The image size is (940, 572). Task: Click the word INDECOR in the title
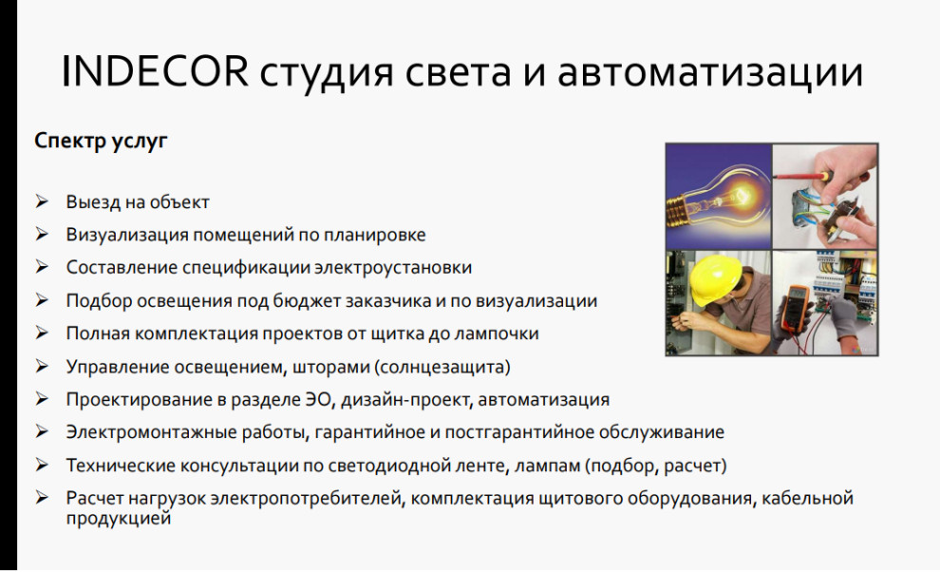tap(154, 73)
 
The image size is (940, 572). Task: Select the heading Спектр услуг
tap(101, 142)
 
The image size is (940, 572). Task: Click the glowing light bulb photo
tap(717, 195)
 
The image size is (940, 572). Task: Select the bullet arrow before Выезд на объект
tap(43, 202)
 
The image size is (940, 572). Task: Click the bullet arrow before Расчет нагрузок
tap(43, 498)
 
